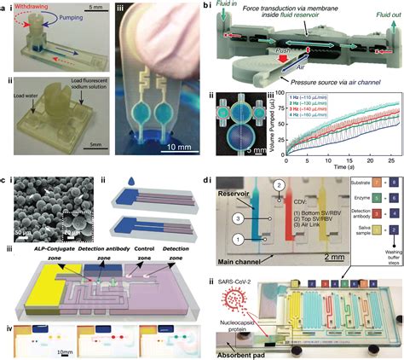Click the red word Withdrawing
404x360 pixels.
click(35, 7)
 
